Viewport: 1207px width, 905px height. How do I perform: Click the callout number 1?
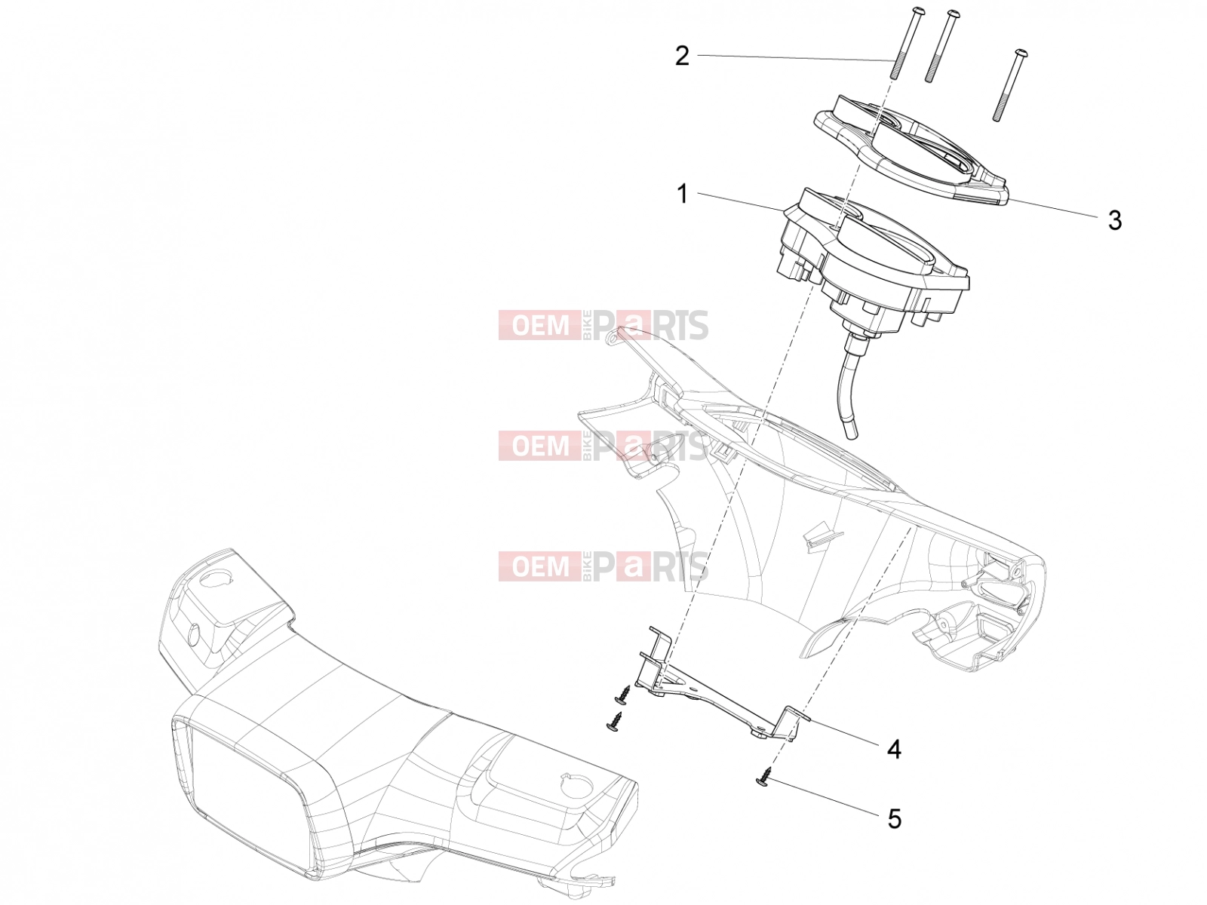[682, 194]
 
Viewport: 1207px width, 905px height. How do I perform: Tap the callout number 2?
[682, 56]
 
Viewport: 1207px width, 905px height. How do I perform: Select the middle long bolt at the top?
[936, 46]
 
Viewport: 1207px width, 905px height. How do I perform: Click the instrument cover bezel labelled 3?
[910, 149]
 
